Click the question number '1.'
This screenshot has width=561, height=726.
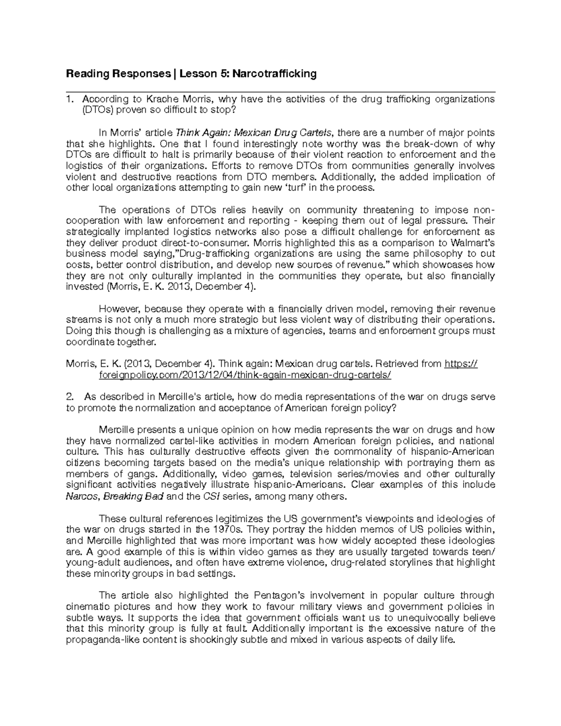click(70, 99)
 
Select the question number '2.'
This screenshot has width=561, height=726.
click(70, 397)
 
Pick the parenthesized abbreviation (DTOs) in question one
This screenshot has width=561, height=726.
click(97, 110)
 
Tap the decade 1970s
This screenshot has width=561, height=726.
click(227, 530)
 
